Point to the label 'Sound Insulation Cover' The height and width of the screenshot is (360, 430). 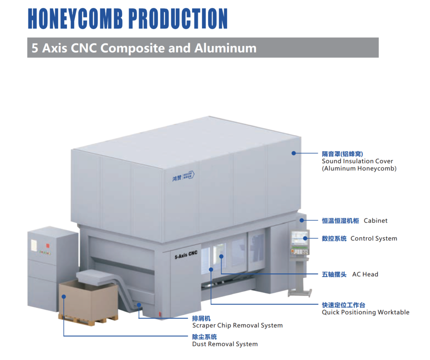(x=357, y=161)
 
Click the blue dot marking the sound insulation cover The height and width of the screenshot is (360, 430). (x=294, y=153)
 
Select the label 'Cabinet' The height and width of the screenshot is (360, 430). (x=375, y=220)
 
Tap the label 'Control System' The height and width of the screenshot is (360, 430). (x=374, y=238)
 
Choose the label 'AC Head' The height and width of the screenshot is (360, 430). (x=365, y=274)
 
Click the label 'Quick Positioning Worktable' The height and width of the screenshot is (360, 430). (x=365, y=312)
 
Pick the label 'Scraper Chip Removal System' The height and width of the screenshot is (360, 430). (x=237, y=325)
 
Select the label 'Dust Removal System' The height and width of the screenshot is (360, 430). (x=225, y=344)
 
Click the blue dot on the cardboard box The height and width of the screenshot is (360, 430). (x=64, y=296)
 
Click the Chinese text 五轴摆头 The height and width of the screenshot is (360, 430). (x=334, y=274)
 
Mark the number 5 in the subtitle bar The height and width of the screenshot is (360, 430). (x=35, y=48)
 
